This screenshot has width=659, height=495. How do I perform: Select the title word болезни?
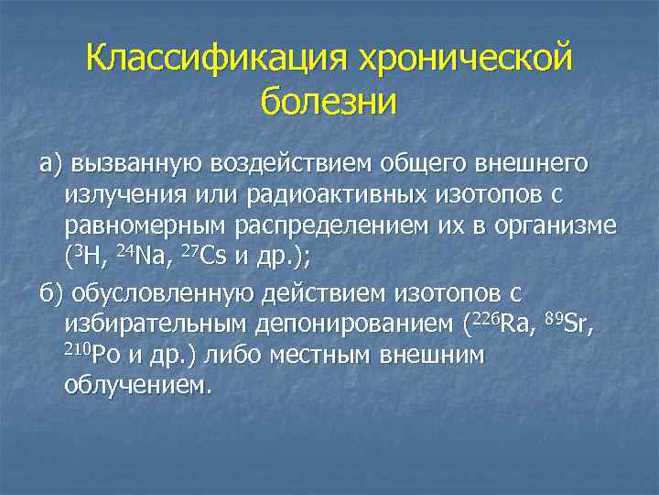[329, 100]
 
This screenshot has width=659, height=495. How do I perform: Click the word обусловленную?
[165, 294]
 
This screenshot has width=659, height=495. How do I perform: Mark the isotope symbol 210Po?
[90, 355]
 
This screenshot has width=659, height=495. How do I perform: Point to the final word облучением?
[137, 387]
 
